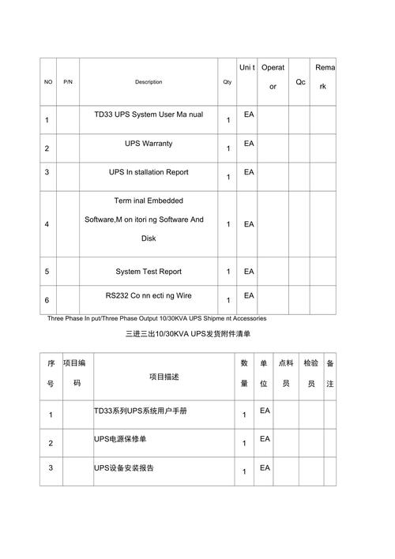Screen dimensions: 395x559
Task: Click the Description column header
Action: click(x=149, y=82)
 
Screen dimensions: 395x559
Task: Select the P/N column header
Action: click(x=68, y=82)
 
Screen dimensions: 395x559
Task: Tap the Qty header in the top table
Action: click(x=228, y=82)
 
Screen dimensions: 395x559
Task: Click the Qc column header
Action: click(x=300, y=82)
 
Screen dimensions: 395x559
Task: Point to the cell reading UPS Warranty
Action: click(x=149, y=144)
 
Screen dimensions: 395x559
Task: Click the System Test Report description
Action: click(x=149, y=272)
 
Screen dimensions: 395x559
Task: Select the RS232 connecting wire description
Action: click(x=149, y=295)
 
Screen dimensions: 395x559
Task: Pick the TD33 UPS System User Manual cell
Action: click(x=149, y=114)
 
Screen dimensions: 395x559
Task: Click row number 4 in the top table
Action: click(x=47, y=224)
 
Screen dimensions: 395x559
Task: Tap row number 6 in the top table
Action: click(x=47, y=300)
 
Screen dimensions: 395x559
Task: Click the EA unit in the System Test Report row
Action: click(x=249, y=272)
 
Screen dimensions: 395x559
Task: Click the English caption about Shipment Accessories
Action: click(x=156, y=318)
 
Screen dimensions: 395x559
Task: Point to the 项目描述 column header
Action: click(x=166, y=377)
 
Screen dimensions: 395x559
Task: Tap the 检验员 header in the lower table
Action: click(x=311, y=373)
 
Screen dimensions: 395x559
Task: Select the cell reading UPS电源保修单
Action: click(x=119, y=439)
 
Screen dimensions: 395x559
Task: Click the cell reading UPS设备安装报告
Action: click(x=124, y=468)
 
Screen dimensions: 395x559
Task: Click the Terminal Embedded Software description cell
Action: click(x=149, y=219)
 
